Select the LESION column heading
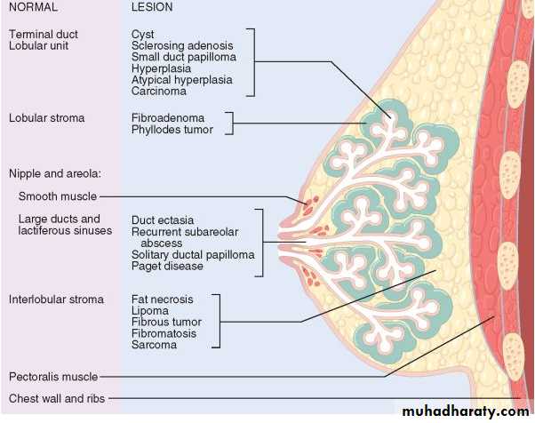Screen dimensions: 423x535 [x=152, y=7]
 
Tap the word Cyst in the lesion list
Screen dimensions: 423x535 [x=142, y=34]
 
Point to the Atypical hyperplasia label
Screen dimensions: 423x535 [x=181, y=79]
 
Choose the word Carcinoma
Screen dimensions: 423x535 [x=158, y=91]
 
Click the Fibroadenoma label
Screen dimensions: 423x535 [x=168, y=117]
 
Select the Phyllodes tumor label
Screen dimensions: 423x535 [x=172, y=129]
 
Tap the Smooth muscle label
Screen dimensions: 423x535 [x=57, y=196]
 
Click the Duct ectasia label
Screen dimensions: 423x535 [x=163, y=219]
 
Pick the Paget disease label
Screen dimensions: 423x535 [x=167, y=266]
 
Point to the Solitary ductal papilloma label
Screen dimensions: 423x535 [x=193, y=254]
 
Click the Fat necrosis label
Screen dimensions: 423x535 [x=162, y=299]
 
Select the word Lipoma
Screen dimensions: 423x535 [x=149, y=311]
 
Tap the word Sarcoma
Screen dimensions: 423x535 [x=154, y=345]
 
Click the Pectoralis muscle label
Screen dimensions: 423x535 [x=52, y=377]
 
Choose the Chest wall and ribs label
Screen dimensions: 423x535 [x=57, y=398]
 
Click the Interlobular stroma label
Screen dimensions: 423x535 [x=56, y=299]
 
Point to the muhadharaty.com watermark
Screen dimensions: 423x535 [x=465, y=411]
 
